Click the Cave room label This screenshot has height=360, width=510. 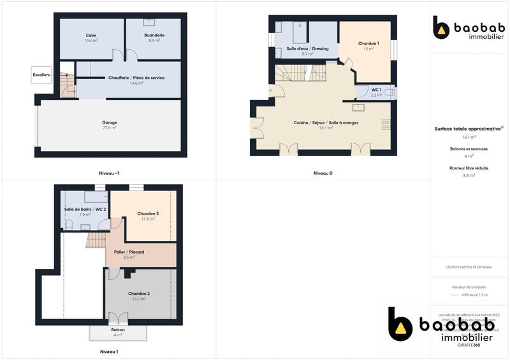[91, 35]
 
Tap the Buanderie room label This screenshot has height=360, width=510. [154, 35]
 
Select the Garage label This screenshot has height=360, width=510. [110, 122]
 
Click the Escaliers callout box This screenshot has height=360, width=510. [41, 75]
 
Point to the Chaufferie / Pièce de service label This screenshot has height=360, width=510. [136, 78]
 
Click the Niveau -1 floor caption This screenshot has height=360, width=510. [109, 173]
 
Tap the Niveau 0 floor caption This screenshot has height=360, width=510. [323, 173]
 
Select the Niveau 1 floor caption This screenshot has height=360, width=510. [109, 351]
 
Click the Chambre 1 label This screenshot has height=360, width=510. [368, 43]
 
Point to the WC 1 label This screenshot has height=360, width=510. [376, 90]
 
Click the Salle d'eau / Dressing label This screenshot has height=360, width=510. [307, 48]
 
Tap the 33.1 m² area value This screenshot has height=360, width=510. [326, 128]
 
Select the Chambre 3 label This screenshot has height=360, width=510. [148, 213]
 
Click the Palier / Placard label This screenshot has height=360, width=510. [129, 252]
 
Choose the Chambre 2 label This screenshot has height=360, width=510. [139, 293]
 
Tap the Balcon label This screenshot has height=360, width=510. [118, 329]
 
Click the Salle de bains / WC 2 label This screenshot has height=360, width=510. [85, 209]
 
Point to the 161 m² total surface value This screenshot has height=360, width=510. [469, 137]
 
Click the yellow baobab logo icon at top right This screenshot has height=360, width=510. [441, 27]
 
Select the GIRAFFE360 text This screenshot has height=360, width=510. [469, 345]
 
